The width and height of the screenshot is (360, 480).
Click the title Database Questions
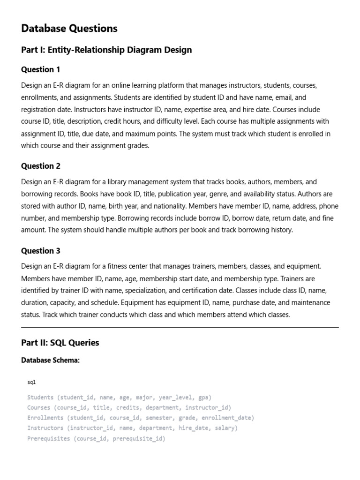69,29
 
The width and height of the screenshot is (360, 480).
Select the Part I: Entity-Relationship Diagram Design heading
106,50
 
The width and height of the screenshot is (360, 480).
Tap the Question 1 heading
41,70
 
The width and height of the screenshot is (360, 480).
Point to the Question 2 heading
41,166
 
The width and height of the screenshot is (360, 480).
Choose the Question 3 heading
41,251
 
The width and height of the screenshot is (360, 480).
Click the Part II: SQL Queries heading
60,343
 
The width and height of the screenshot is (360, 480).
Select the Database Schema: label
50,360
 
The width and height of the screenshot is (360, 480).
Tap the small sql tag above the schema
31,382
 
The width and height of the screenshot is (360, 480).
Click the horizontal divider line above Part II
180,328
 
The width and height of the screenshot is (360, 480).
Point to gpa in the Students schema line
204,397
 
